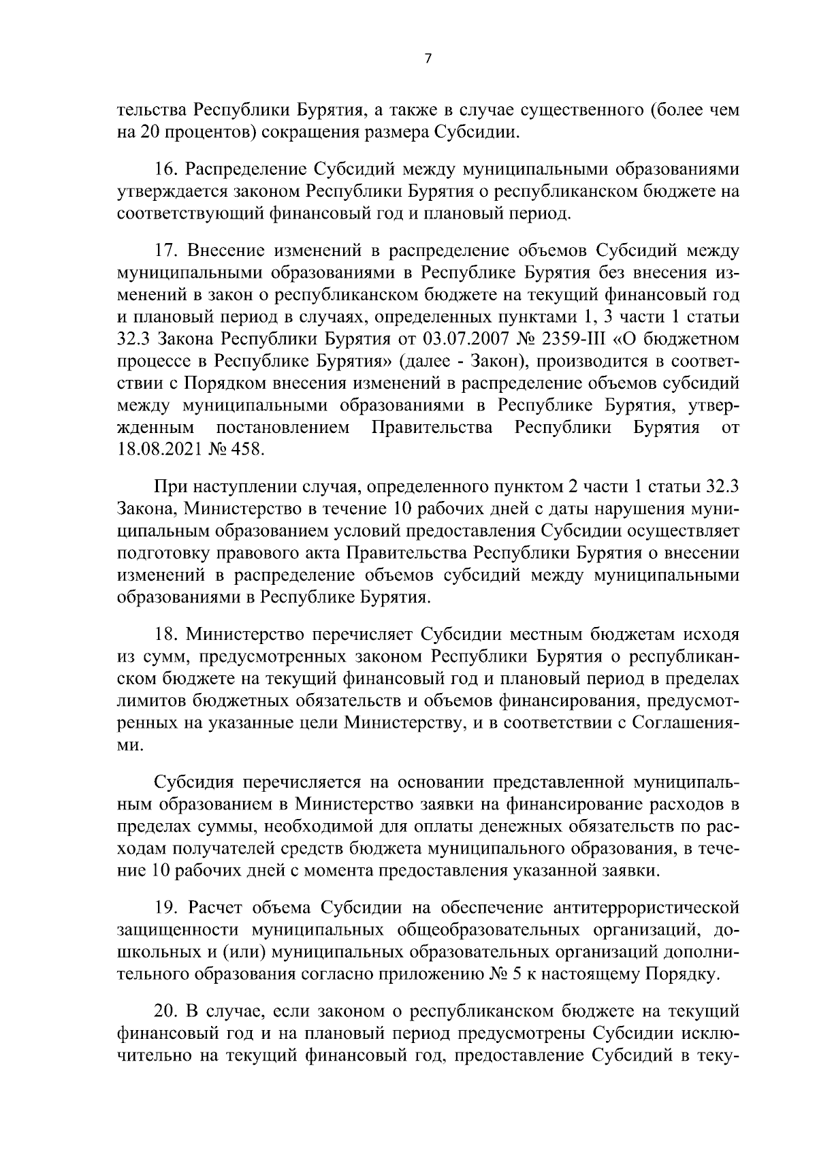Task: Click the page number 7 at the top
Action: coord(428,59)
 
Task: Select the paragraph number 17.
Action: coord(167,250)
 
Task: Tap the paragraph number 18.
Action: coord(167,635)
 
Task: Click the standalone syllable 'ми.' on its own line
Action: coord(130,745)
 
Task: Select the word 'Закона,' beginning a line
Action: coord(145,510)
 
